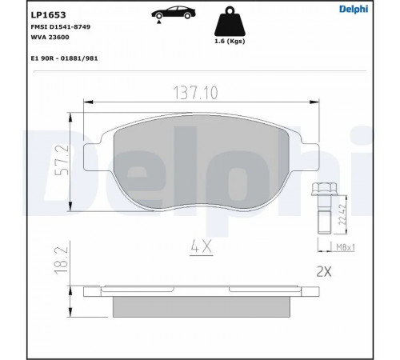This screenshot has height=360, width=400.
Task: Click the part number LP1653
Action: point(48,15)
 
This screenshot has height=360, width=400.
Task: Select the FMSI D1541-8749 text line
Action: point(61,27)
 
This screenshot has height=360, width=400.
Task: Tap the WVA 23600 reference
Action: point(50,38)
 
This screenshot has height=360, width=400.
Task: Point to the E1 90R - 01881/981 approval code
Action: point(64,58)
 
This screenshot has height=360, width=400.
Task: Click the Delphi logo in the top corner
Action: point(354,9)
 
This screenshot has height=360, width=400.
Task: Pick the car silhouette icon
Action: point(174,13)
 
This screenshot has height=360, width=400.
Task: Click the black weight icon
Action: point(230,22)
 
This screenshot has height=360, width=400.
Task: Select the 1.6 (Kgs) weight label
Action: point(230,42)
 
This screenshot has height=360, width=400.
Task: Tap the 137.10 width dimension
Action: point(195,93)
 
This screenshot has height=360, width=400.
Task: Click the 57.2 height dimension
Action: point(62,160)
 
